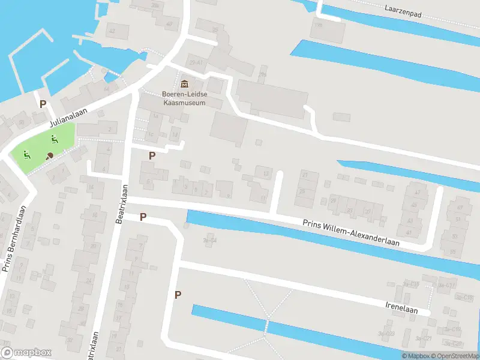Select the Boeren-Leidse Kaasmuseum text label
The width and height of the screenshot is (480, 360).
pyautogui.click(x=184, y=98)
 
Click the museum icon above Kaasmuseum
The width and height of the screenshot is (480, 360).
pyautogui.click(x=184, y=83)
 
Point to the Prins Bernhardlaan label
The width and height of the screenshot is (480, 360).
pyautogui.click(x=15, y=239)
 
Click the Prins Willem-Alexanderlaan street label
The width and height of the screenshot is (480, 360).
pyautogui.click(x=351, y=232)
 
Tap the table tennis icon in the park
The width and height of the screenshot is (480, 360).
pyautogui.click(x=50, y=155)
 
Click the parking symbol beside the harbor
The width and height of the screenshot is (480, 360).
pyautogui.click(x=43, y=103)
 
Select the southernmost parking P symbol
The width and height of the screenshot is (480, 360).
pyautogui.click(x=178, y=294)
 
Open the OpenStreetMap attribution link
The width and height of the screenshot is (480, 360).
pyautogui.click(x=457, y=356)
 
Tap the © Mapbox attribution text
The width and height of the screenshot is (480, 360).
pyautogui.click(x=416, y=356)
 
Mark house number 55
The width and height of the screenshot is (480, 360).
pyautogui.click(x=453, y=251)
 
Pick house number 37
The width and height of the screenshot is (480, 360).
pyautogui.click(x=368, y=211)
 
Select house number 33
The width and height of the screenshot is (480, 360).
pyautogui.click(x=350, y=211)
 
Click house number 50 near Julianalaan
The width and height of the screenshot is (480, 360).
pyautogui.click(x=22, y=122)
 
